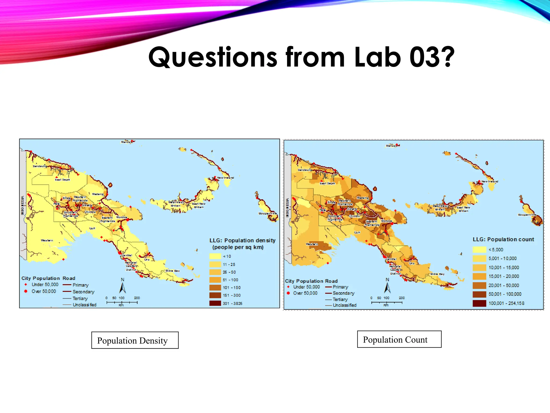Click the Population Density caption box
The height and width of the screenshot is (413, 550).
(x=135, y=340)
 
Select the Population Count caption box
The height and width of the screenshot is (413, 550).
(x=399, y=339)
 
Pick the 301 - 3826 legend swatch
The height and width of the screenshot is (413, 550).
(x=215, y=303)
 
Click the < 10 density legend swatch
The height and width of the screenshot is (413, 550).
(x=215, y=256)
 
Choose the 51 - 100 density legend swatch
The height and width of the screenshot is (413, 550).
(x=215, y=280)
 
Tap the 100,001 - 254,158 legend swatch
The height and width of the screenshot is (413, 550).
(x=479, y=303)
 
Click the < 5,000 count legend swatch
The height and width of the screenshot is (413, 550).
(x=479, y=250)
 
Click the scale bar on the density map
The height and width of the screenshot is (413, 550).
(x=122, y=302)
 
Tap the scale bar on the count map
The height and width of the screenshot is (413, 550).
(x=387, y=302)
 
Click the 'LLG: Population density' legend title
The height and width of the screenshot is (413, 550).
(x=242, y=241)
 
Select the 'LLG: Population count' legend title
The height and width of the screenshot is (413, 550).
(x=503, y=240)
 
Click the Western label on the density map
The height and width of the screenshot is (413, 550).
(x=47, y=240)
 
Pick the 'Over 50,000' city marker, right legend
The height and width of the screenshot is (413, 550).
(x=288, y=293)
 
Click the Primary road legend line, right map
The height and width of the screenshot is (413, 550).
(x=328, y=287)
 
